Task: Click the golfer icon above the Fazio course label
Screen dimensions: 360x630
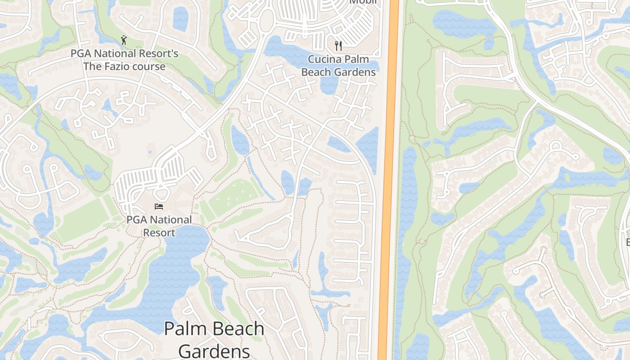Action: (x=124, y=40)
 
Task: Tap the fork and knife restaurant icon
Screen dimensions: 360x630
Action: (x=338, y=45)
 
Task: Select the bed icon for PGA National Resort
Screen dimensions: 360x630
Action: (x=158, y=207)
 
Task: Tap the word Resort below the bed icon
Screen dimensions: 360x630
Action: (x=159, y=233)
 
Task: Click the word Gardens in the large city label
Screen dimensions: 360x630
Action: (x=214, y=351)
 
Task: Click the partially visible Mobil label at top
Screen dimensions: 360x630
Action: (x=363, y=2)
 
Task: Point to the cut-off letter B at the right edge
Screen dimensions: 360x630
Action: (x=627, y=242)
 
